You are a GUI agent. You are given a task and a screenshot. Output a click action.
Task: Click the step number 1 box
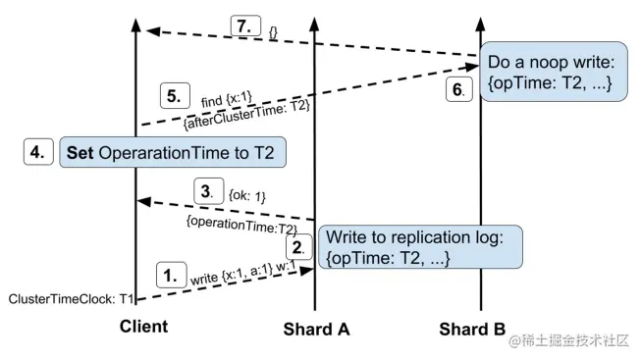(x=170, y=278)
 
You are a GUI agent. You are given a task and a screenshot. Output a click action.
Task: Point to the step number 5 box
(x=174, y=97)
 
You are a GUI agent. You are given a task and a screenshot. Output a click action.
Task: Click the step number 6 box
(x=456, y=89)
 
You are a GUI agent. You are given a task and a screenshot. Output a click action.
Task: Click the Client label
(x=137, y=326)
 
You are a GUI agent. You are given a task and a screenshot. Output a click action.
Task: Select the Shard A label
(x=316, y=328)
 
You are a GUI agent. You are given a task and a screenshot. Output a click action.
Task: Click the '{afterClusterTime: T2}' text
(x=247, y=116)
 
